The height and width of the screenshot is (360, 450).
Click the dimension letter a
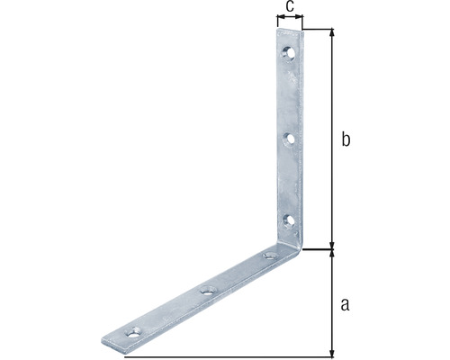click(x=345, y=303)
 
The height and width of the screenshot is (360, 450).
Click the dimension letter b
click(x=345, y=139)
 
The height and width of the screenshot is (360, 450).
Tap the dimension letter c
click(x=288, y=7)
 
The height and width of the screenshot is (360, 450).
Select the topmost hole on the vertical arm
click(x=289, y=53)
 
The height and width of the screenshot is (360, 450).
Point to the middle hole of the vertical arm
click(x=289, y=139)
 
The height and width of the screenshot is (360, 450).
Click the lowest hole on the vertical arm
click(x=288, y=220)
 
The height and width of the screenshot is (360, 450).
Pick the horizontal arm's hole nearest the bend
click(x=267, y=257)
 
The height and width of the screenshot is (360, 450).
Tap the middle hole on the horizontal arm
click(x=208, y=290)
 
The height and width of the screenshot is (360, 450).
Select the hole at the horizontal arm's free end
click(x=135, y=331)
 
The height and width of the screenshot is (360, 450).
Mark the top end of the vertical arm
click(x=289, y=33)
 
